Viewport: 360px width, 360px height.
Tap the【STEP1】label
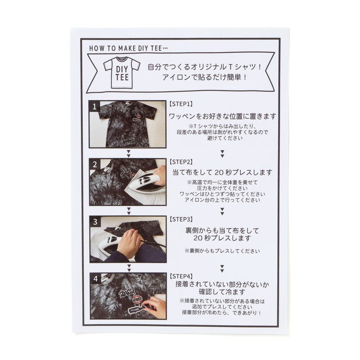[x=181, y=104]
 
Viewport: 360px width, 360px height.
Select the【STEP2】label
[x=181, y=161]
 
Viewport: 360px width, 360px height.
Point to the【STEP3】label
[x=181, y=219]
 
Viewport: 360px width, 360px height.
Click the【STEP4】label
[x=181, y=276]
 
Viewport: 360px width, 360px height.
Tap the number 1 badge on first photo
[x=95, y=106]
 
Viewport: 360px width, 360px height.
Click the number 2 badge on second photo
[x=95, y=163]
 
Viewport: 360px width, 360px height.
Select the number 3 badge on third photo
[x=95, y=221]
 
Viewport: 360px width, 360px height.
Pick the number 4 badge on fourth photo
[x=95, y=279]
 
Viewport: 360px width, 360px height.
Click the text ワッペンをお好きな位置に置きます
[x=222, y=116]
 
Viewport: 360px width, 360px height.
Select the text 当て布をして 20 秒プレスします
[x=222, y=173]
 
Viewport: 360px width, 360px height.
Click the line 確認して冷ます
[x=222, y=292]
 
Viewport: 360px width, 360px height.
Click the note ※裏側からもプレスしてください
[x=222, y=251]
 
